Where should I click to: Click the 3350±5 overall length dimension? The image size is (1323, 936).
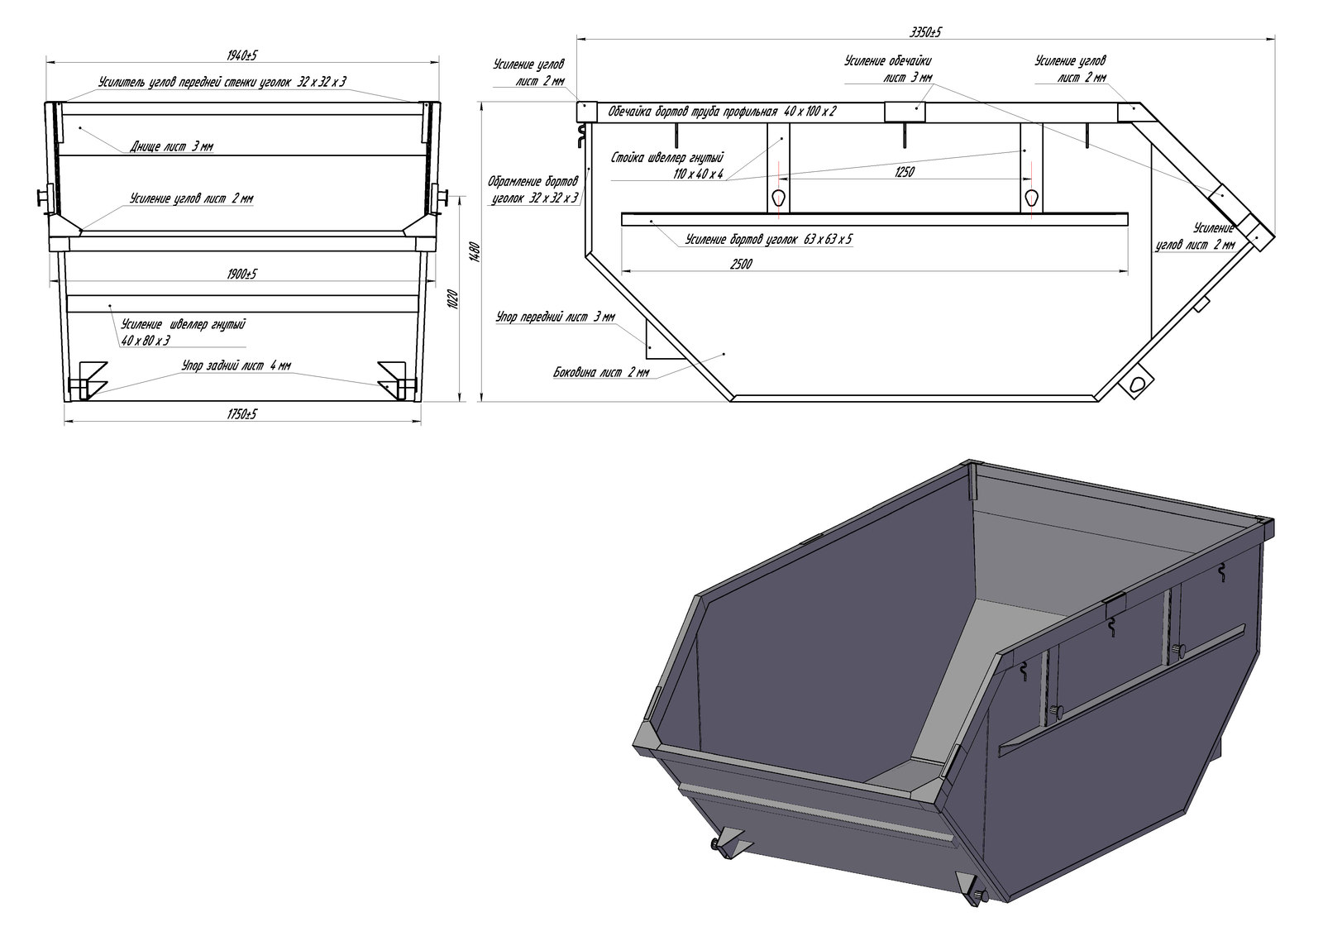pyautogui.click(x=924, y=31)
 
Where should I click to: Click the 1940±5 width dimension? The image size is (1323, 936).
pyautogui.click(x=242, y=55)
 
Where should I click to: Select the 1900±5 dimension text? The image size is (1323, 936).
pyautogui.click(x=241, y=274)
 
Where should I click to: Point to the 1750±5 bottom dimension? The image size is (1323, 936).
pyautogui.click(x=241, y=414)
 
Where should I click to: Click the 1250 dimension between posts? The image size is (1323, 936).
pyautogui.click(x=904, y=173)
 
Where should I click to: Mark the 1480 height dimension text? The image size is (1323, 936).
pyautogui.click(x=474, y=251)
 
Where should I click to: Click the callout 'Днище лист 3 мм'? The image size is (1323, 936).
pyautogui.click(x=172, y=147)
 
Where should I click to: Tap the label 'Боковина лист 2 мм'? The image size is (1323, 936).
pyautogui.click(x=601, y=373)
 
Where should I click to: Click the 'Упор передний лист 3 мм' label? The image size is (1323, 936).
pyautogui.click(x=555, y=317)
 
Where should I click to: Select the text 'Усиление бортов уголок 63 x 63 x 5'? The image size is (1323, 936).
pyautogui.click(x=769, y=240)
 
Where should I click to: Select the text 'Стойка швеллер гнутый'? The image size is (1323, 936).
pyautogui.click(x=668, y=158)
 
